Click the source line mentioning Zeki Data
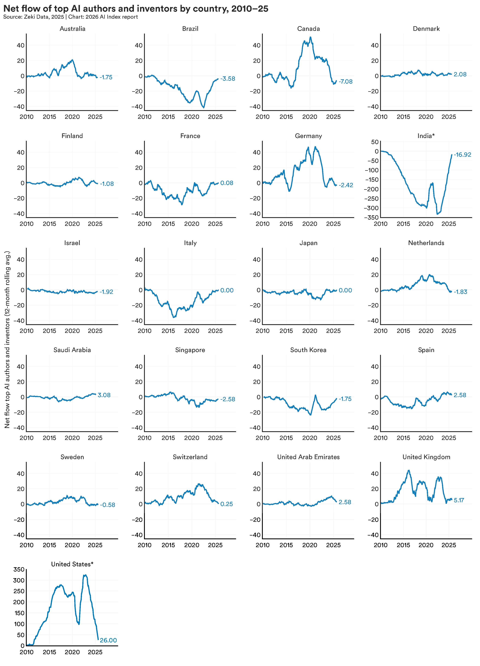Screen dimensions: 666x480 [x=71, y=17]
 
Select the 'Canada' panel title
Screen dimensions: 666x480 [x=308, y=29]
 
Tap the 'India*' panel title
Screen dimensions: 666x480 [x=426, y=136]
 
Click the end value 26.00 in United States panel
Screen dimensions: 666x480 [x=108, y=640]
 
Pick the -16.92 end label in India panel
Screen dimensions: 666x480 [x=462, y=155]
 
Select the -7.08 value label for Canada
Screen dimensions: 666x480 [x=345, y=82]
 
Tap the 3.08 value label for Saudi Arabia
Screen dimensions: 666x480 [x=104, y=395]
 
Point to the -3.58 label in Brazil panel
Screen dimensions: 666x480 [x=228, y=79]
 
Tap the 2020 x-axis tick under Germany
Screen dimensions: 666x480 [x=310, y=224]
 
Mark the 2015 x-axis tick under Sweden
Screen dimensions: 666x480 [x=49, y=545]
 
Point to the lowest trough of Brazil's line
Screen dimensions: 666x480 [x=204, y=108]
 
